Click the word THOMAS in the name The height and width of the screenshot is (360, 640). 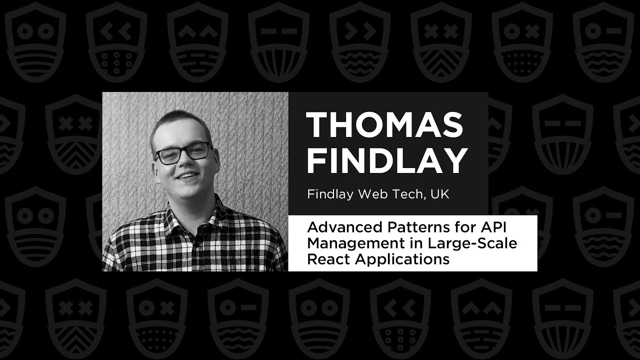pyautogui.click(x=384, y=124)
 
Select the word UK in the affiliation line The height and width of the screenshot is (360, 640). pyautogui.click(x=439, y=194)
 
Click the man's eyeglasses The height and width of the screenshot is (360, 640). pyautogui.click(x=183, y=152)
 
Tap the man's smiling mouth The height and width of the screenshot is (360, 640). pyautogui.click(x=187, y=176)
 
